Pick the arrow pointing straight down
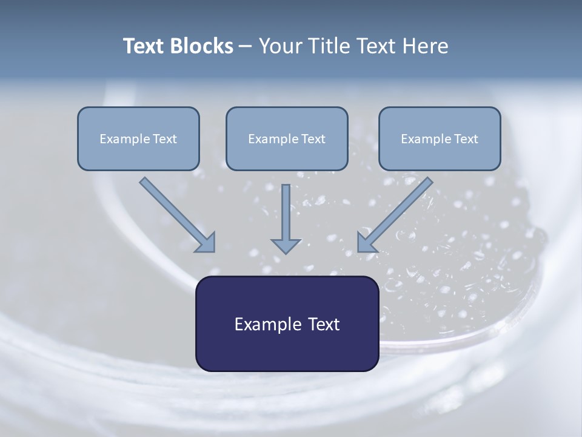point(286,218)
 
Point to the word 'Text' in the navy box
point(324,324)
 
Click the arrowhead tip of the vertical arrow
point(286,251)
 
